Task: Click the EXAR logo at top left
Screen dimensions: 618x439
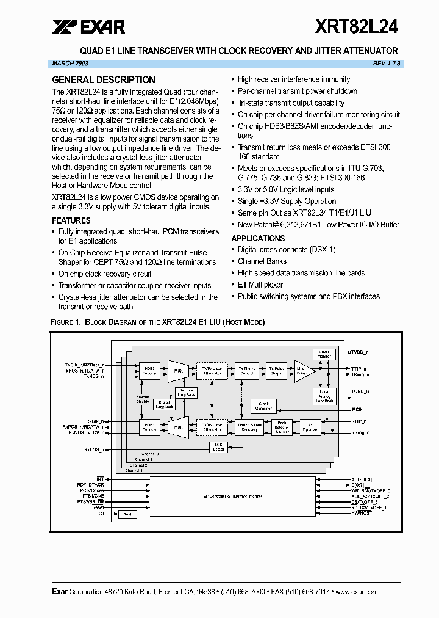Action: pos(89,26)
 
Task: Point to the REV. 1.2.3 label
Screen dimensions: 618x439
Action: pos(387,64)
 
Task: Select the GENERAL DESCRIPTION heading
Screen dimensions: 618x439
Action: pos(104,80)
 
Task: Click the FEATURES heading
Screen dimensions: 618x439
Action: pos(71,220)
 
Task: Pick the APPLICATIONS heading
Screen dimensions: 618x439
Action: pos(258,238)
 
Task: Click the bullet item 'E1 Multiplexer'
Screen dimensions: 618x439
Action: pos(266,285)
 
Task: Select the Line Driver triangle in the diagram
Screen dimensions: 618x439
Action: pos(303,371)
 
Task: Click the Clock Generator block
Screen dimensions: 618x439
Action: pos(263,406)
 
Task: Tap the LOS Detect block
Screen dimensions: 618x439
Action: pos(218,447)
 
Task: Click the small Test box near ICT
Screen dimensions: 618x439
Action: pos(127,514)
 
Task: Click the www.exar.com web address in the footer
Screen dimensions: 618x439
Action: pos(356,592)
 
